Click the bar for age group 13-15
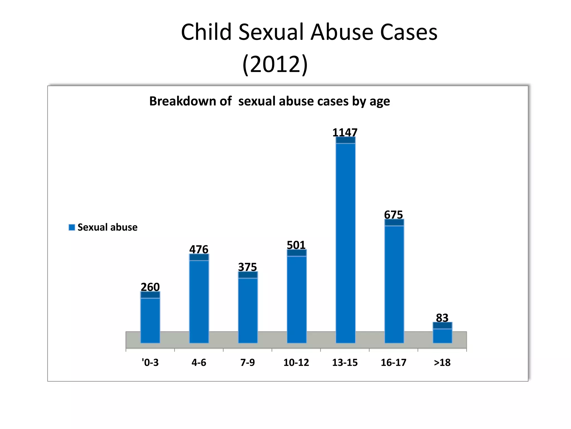tap(345, 240)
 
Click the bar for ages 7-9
tap(248, 307)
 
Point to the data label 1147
tap(345, 132)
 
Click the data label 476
tap(199, 249)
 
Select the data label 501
tap(296, 245)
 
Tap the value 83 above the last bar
tap(442, 318)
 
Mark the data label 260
tap(150, 287)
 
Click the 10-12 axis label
tap(296, 363)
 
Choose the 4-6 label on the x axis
tap(199, 363)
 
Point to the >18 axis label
tap(442, 363)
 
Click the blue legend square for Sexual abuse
tap(72, 227)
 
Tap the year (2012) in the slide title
tap(275, 64)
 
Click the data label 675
tap(393, 214)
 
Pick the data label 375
tap(247, 267)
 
